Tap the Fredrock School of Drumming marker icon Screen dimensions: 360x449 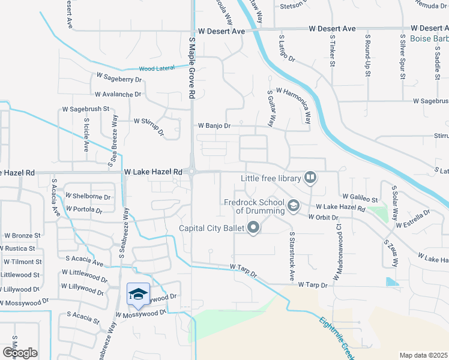[x=293, y=206]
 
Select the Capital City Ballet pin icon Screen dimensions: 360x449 [x=253, y=227]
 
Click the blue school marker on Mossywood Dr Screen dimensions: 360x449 [x=138, y=293]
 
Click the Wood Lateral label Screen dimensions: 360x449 [x=157, y=68]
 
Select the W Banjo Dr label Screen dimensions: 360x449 [x=214, y=126]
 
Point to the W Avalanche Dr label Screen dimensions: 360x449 [x=118, y=94]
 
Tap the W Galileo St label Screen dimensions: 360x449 [x=360, y=197]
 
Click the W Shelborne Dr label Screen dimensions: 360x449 [x=88, y=196]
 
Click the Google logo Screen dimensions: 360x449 [x=20, y=352]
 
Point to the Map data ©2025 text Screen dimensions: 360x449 [x=423, y=355]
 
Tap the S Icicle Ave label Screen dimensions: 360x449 [x=86, y=137]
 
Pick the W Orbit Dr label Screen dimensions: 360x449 [x=324, y=217]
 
